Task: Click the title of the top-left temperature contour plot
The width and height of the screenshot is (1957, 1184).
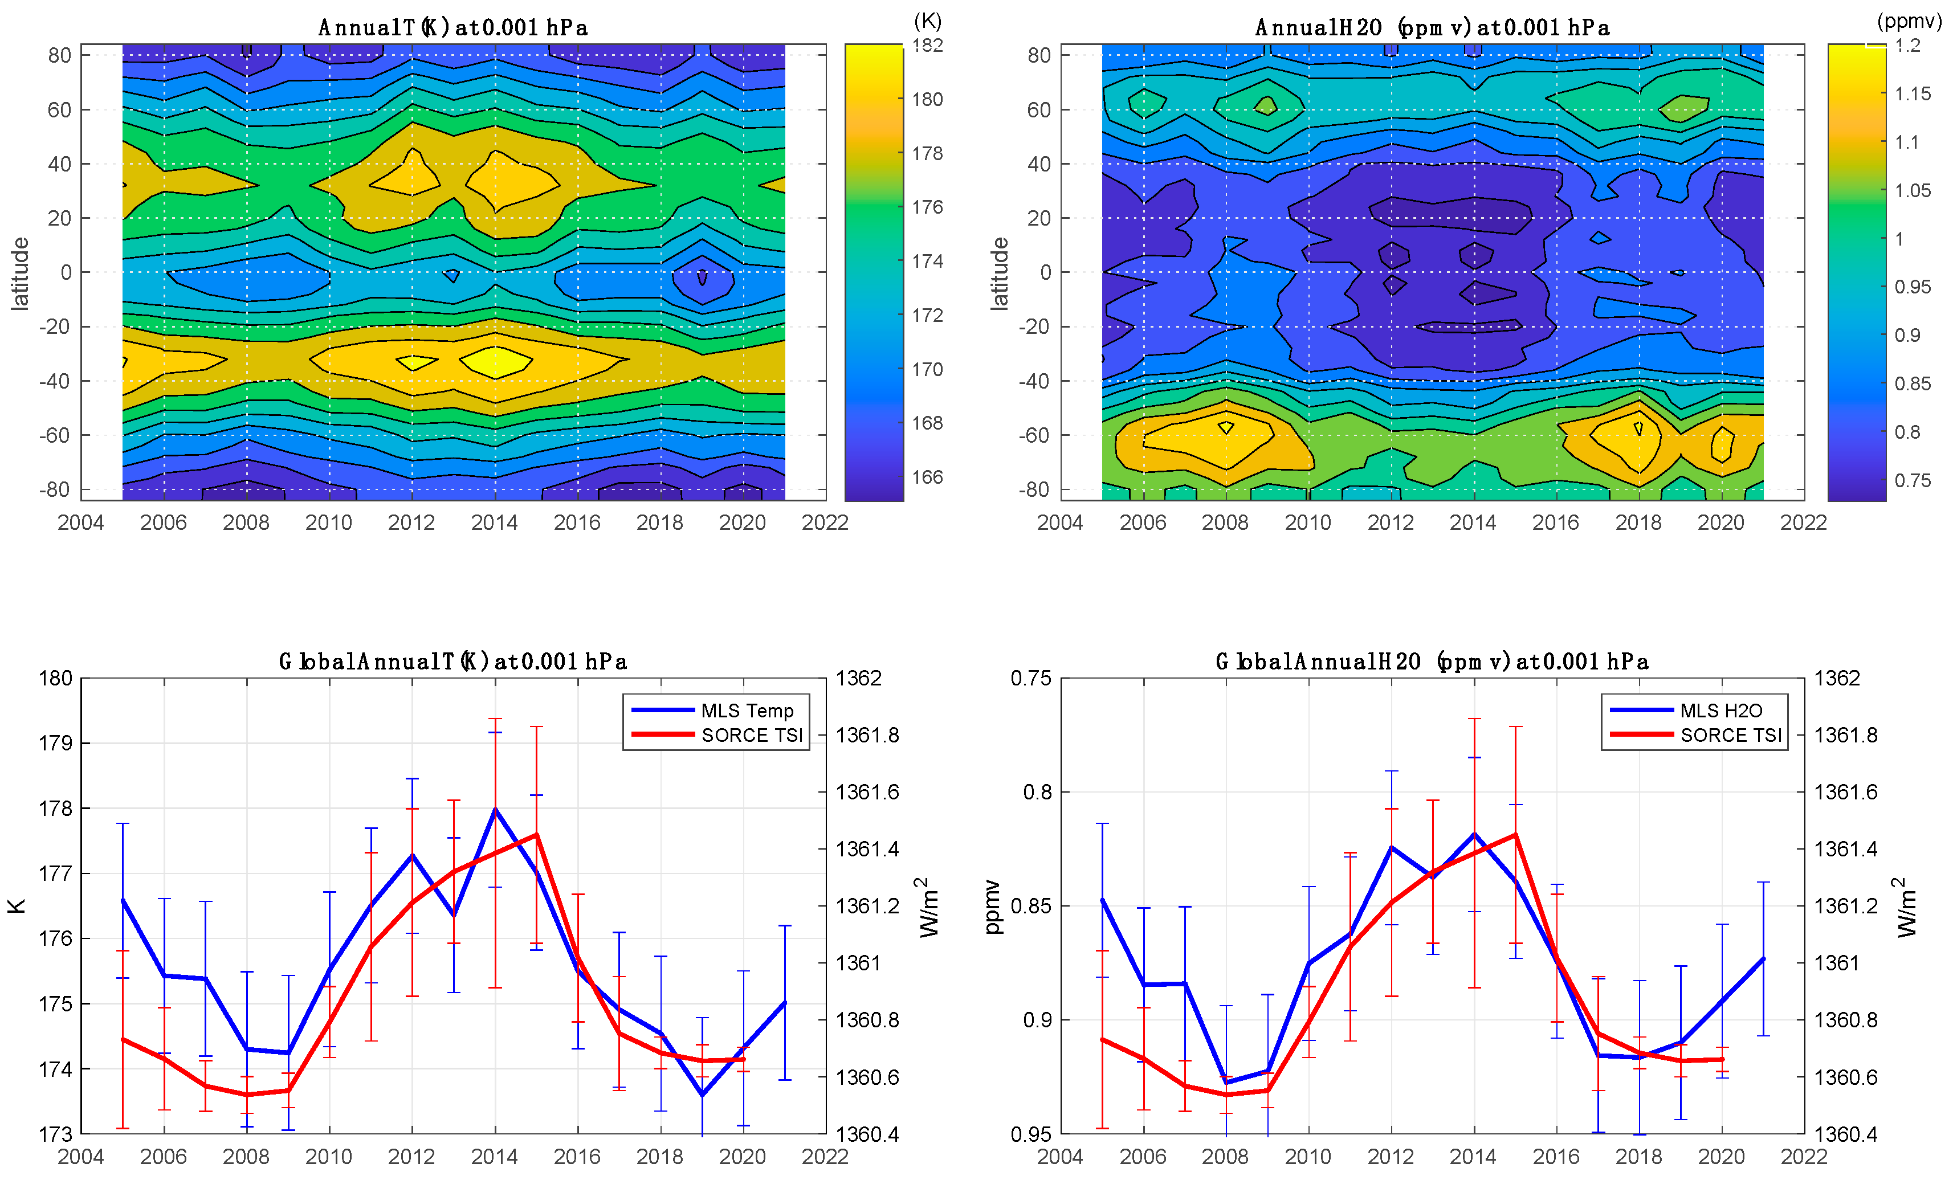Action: click(452, 28)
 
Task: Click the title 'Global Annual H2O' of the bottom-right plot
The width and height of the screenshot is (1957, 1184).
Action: click(1431, 662)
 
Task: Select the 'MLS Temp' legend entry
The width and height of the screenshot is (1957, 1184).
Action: click(747, 710)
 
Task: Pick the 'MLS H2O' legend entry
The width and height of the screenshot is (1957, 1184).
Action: click(1720, 710)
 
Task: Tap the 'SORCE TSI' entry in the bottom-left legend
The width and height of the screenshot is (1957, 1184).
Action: click(751, 734)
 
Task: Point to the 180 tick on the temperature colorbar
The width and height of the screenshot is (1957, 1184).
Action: click(927, 99)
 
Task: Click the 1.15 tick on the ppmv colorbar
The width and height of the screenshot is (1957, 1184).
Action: click(1913, 93)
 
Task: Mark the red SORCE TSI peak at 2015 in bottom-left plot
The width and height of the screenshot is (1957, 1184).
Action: click(537, 835)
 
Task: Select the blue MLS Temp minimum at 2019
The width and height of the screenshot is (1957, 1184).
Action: click(702, 1095)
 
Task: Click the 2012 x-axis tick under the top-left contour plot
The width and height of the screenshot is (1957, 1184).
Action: click(411, 522)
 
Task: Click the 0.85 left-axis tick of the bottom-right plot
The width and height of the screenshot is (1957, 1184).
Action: click(1030, 906)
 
